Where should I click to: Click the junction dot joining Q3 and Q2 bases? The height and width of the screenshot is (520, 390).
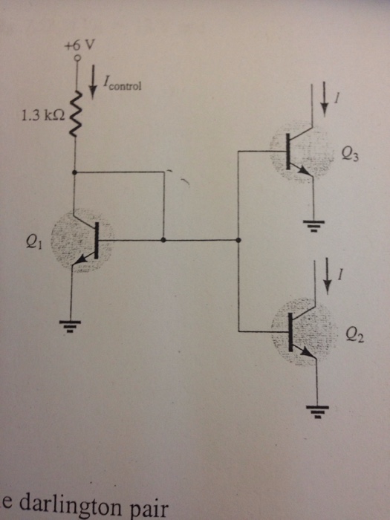tap(238, 241)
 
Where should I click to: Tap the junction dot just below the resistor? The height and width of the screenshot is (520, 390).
tap(74, 172)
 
